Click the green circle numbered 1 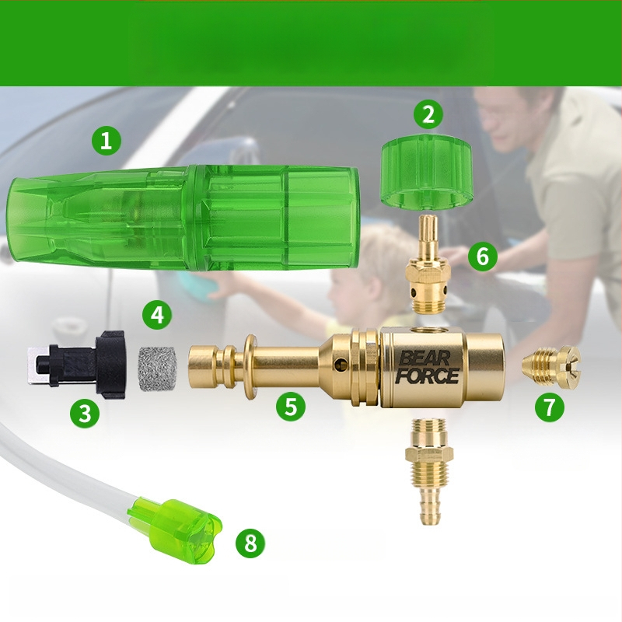point(106,141)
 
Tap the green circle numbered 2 point(428,114)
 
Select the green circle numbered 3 point(85,413)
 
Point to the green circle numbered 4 point(158,316)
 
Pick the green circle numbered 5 point(291,406)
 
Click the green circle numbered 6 point(482,257)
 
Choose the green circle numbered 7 point(550,407)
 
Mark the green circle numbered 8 point(250,543)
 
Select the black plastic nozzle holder point(76,365)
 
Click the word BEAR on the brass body point(425,359)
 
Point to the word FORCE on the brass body point(427,376)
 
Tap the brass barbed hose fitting point(429,472)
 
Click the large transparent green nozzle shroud point(183,218)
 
